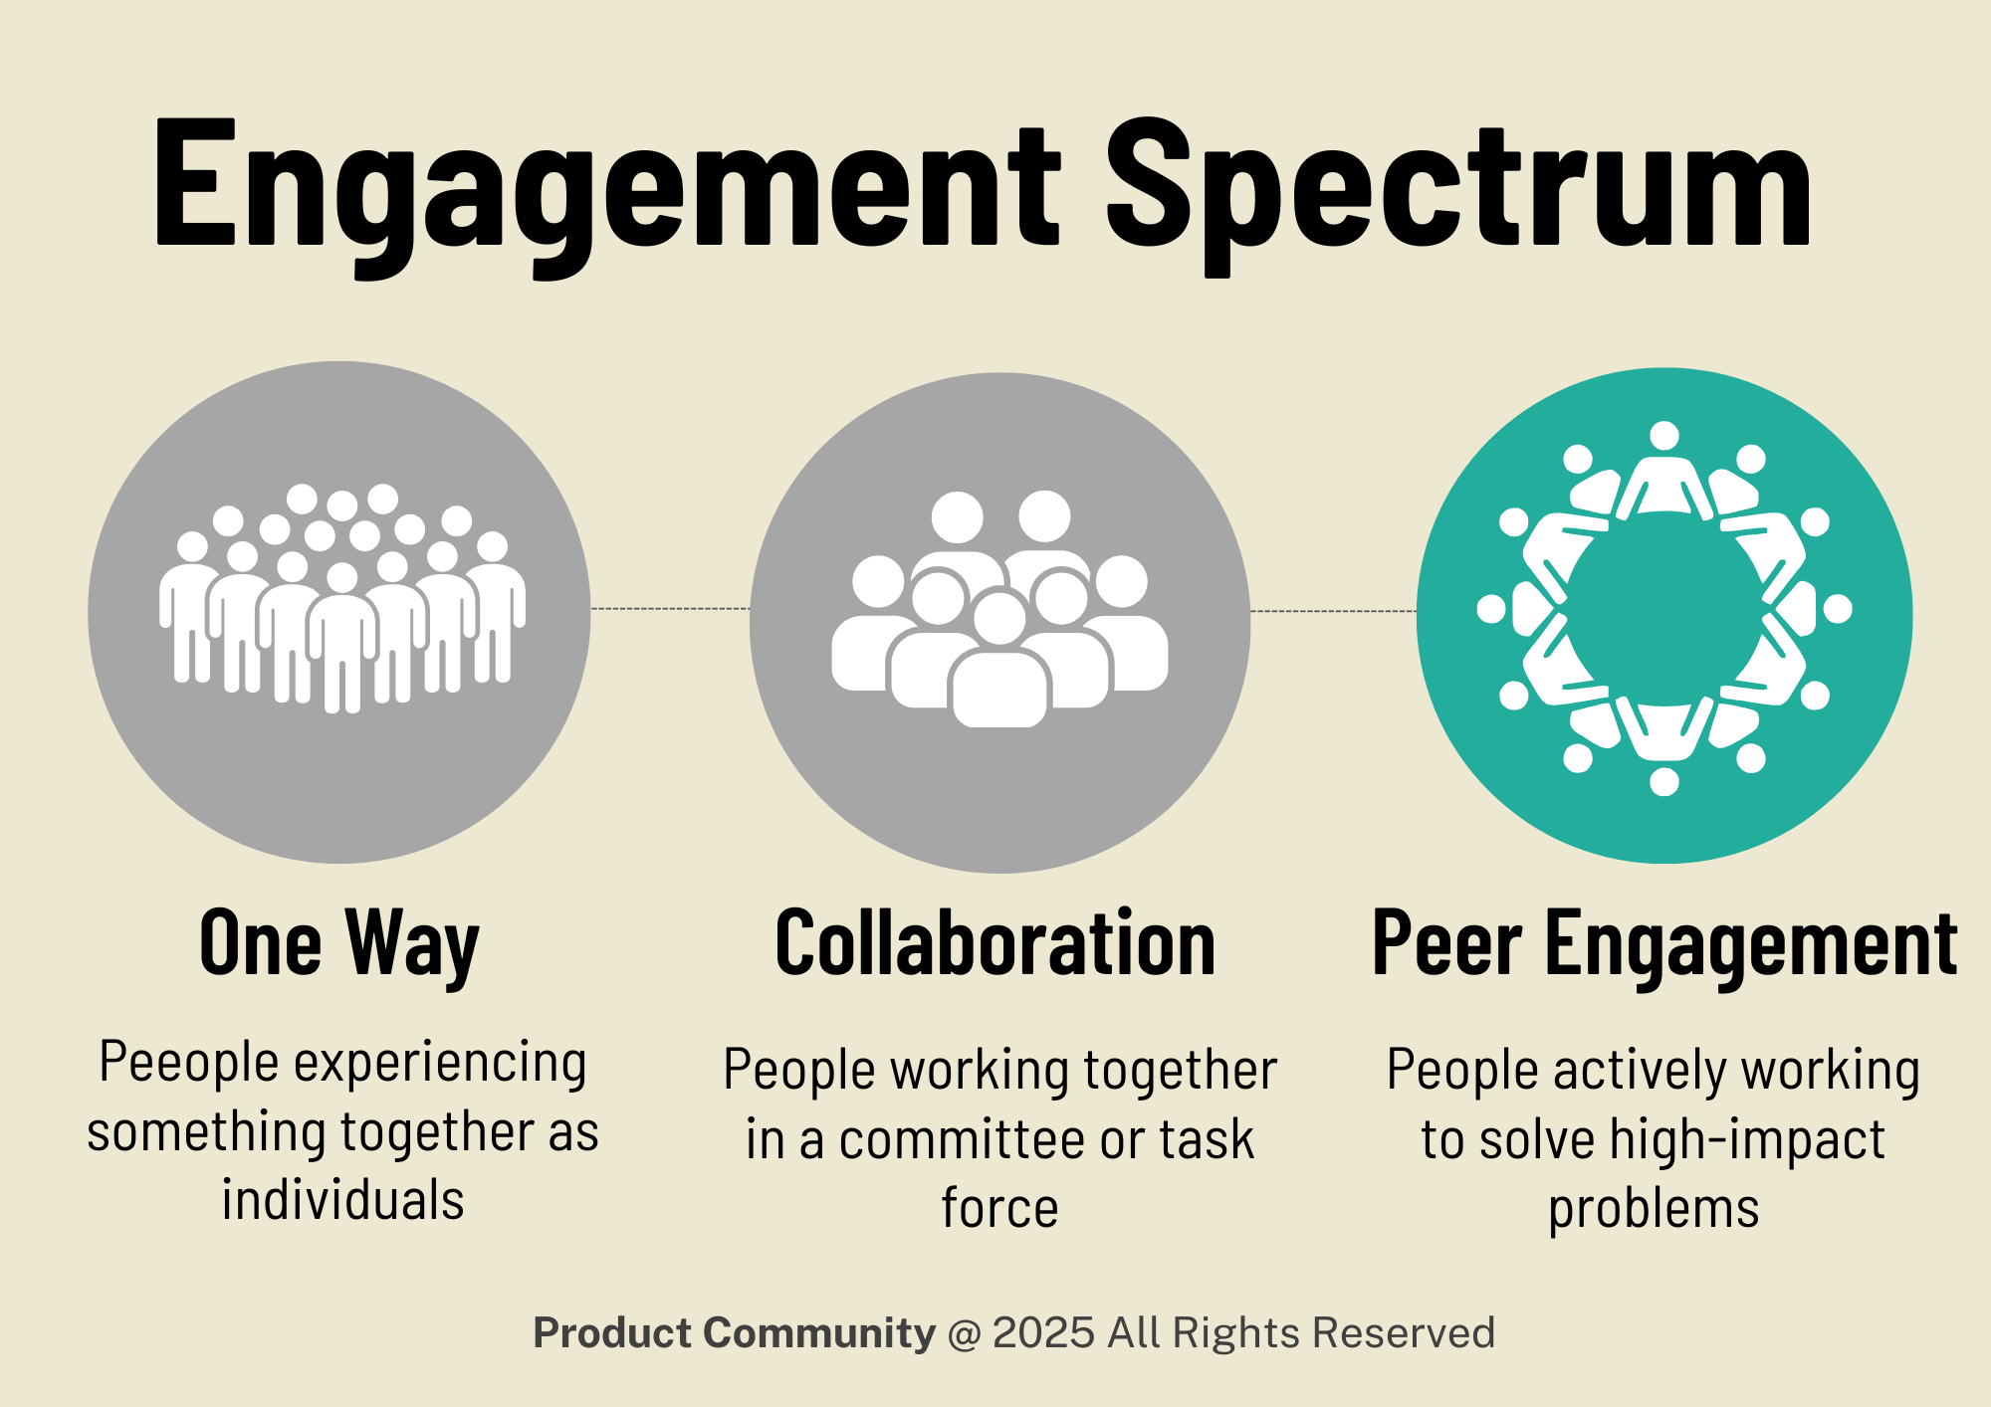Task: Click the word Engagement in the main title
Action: [x=607, y=189]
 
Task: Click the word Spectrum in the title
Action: [x=1458, y=189]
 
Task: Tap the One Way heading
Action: [x=339, y=943]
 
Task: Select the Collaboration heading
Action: [x=995, y=943]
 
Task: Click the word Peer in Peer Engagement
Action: [x=1446, y=943]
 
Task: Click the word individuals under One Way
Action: [x=342, y=1200]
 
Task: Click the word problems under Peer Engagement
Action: [x=1654, y=1210]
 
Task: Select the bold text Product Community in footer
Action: [x=734, y=1333]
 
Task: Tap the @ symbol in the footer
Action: [x=964, y=1333]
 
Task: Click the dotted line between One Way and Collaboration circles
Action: [x=670, y=608]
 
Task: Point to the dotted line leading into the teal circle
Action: [x=1333, y=611]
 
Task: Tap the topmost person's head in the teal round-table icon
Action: [x=1664, y=436]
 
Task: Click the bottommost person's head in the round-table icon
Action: [x=1664, y=781]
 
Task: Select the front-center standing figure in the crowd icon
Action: [x=342, y=637]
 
